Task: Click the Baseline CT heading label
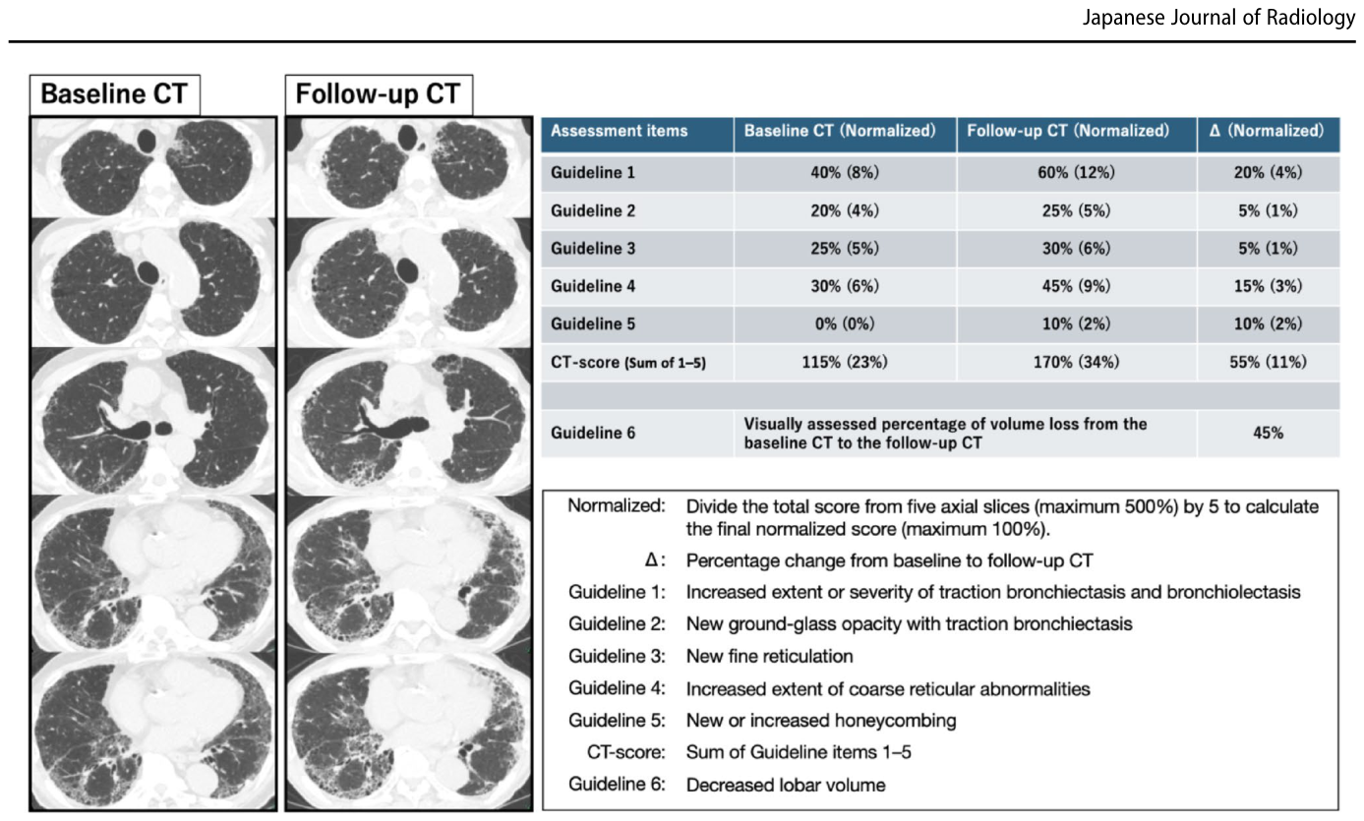pyautogui.click(x=114, y=94)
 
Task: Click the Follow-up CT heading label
pyautogui.click(x=379, y=94)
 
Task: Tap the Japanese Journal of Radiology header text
pyautogui.click(x=1218, y=18)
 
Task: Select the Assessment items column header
pyautogui.click(x=619, y=131)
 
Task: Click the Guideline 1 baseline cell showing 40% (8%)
pyautogui.click(x=845, y=173)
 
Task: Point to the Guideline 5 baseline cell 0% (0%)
pyautogui.click(x=845, y=323)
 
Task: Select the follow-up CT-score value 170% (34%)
pyautogui.click(x=1076, y=362)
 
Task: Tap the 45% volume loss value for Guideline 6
pyautogui.click(x=1268, y=434)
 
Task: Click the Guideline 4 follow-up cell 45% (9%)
pyautogui.click(x=1076, y=286)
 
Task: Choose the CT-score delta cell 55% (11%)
pyautogui.click(x=1268, y=362)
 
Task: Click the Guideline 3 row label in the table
pyautogui.click(x=592, y=249)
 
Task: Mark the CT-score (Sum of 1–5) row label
pyautogui.click(x=627, y=363)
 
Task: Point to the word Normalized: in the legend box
pyautogui.click(x=617, y=505)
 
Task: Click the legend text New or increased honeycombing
pyautogui.click(x=821, y=721)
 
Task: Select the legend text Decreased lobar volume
pyautogui.click(x=786, y=785)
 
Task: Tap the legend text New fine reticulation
pyautogui.click(x=769, y=656)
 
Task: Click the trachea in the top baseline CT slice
pyautogui.click(x=147, y=141)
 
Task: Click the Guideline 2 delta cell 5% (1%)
pyautogui.click(x=1268, y=210)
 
